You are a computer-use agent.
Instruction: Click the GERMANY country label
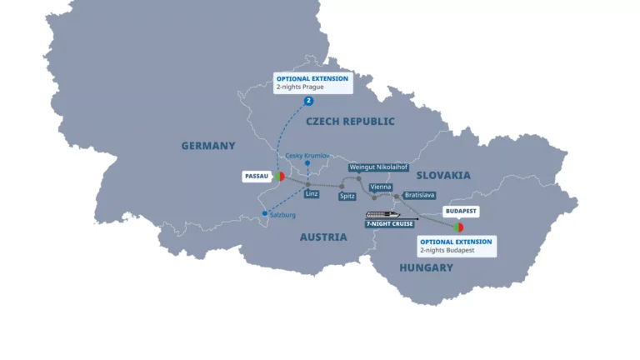click(x=208, y=146)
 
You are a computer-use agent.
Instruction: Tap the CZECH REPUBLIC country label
click(x=350, y=122)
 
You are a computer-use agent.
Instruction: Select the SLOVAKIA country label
click(x=443, y=175)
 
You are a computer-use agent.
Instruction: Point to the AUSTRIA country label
click(x=323, y=237)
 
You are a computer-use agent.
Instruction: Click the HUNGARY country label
click(x=426, y=267)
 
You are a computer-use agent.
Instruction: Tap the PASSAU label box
click(x=255, y=177)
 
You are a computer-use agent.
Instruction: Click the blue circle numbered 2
click(x=308, y=101)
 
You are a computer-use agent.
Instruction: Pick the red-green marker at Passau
click(x=279, y=177)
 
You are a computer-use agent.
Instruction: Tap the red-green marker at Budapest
click(x=457, y=227)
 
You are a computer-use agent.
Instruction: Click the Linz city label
click(x=312, y=194)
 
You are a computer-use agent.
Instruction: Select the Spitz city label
click(x=347, y=196)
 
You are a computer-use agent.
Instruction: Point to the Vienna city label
click(x=380, y=187)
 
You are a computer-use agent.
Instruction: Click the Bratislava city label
click(x=419, y=195)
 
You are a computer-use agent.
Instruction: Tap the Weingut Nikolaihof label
click(x=378, y=167)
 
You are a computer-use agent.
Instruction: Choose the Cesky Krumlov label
click(x=307, y=156)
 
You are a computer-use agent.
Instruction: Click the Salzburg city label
click(x=281, y=215)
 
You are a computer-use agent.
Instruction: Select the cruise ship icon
click(x=378, y=214)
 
